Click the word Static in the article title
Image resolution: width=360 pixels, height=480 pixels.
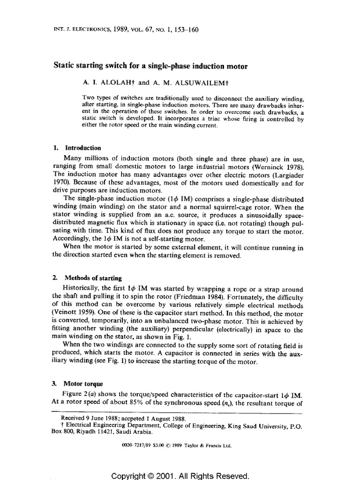pyautogui.click(x=66, y=67)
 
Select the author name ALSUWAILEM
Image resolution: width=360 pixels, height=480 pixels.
pyautogui.click(x=180, y=82)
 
